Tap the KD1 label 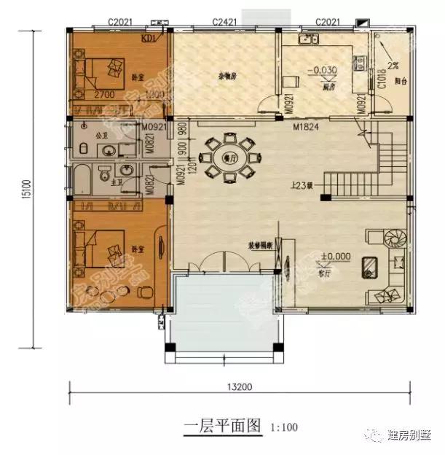point(149,39)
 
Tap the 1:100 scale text point(285,427)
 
